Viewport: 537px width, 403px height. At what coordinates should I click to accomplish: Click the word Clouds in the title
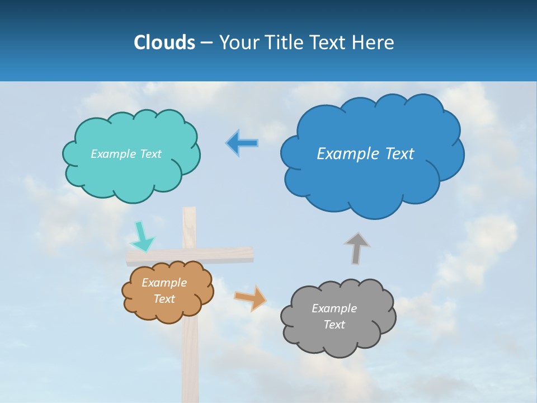tap(164, 43)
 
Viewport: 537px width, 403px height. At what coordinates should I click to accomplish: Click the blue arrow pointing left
tap(242, 143)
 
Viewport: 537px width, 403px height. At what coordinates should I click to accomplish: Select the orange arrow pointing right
tap(251, 298)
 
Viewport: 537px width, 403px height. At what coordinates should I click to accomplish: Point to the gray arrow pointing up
tap(357, 248)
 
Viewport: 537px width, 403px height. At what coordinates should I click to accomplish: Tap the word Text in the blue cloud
tap(399, 153)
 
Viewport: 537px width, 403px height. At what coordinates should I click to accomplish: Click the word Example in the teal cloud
tap(113, 153)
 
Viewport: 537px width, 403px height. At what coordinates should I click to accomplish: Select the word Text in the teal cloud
tap(150, 153)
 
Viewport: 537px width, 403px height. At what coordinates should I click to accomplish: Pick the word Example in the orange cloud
tap(164, 283)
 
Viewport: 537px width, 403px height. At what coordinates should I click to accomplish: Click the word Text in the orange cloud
tap(164, 299)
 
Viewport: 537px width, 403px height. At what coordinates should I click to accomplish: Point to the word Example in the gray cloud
tap(334, 308)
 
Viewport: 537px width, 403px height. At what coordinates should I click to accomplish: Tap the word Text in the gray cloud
tap(334, 325)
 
